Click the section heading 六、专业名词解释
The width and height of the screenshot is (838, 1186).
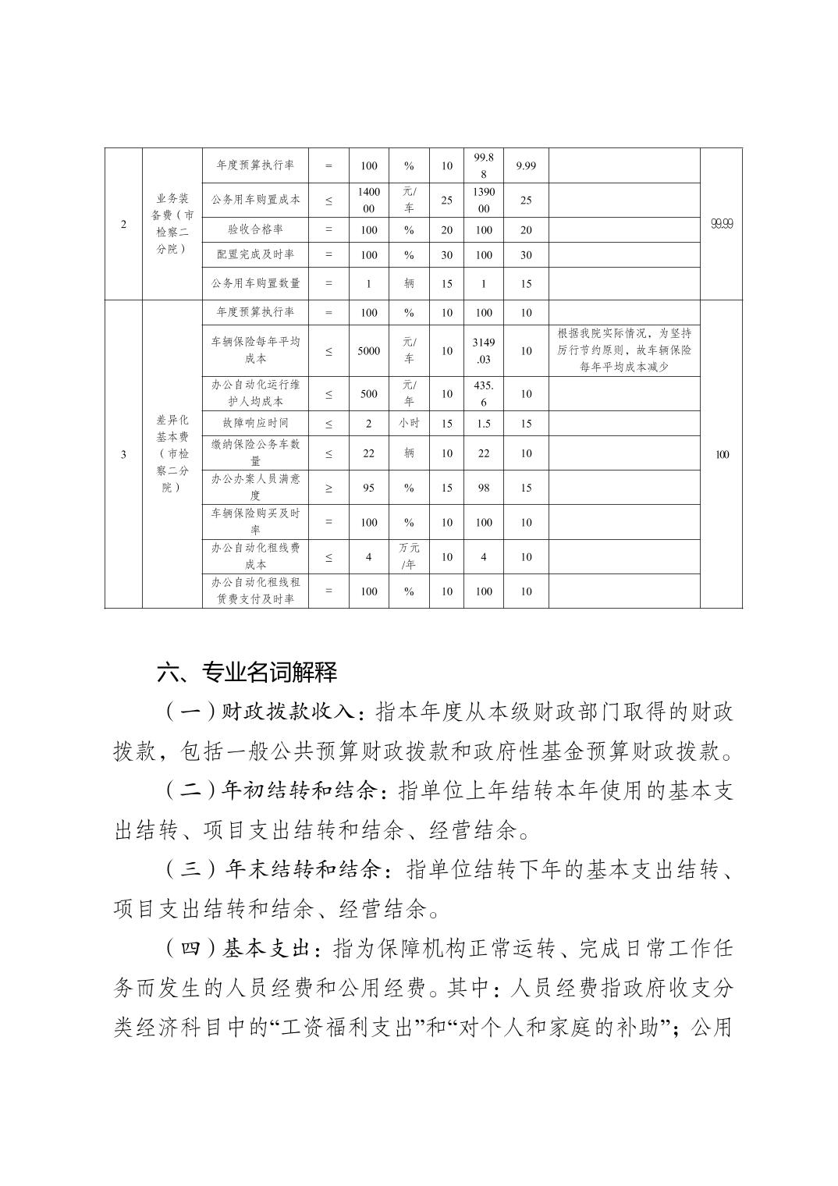(x=247, y=672)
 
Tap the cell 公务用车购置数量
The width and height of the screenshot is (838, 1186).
(x=256, y=283)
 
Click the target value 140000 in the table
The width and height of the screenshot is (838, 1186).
(x=369, y=200)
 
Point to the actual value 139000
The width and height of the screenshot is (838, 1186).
(x=484, y=200)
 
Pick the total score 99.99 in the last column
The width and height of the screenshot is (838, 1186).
(x=722, y=224)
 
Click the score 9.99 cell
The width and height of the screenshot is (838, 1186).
(x=526, y=165)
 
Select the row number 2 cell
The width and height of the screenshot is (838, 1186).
(x=124, y=224)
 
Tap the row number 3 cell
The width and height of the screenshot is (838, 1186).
(x=124, y=454)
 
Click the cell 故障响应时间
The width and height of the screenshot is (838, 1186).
(x=256, y=423)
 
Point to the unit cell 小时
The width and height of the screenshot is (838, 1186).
(x=409, y=423)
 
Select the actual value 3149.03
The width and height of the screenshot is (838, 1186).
(x=484, y=350)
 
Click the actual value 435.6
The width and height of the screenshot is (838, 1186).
(x=484, y=394)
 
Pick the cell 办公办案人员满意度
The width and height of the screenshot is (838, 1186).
(x=256, y=488)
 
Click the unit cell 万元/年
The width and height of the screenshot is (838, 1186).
(x=409, y=556)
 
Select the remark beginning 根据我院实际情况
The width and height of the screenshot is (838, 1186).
(x=624, y=350)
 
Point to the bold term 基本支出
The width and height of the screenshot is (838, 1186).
(x=268, y=949)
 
